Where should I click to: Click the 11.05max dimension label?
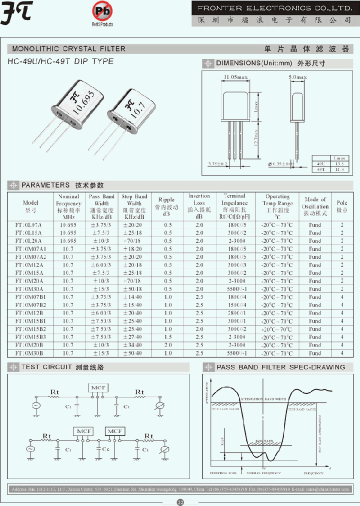pos(235,77)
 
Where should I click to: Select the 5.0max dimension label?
pos(297,77)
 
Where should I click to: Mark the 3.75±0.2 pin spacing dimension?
pos(218,163)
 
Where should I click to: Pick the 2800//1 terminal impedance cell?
pos(234,313)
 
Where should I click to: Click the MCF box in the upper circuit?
pos(97,387)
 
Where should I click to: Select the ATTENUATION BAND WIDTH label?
pos(263,399)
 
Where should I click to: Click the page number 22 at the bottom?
pos(180,502)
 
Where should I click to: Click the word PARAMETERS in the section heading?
pos(45,185)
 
